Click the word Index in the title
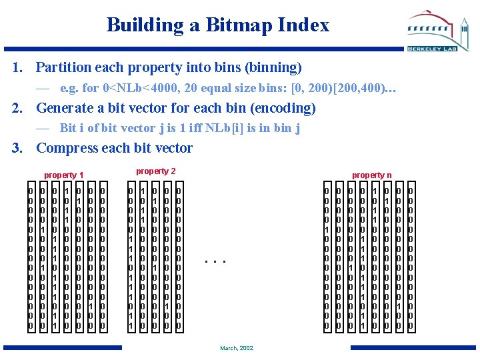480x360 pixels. click(x=306, y=25)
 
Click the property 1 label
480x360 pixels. click(x=64, y=175)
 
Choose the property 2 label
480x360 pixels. click(x=156, y=171)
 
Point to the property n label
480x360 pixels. click(x=372, y=175)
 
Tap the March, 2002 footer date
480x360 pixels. click(x=237, y=348)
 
